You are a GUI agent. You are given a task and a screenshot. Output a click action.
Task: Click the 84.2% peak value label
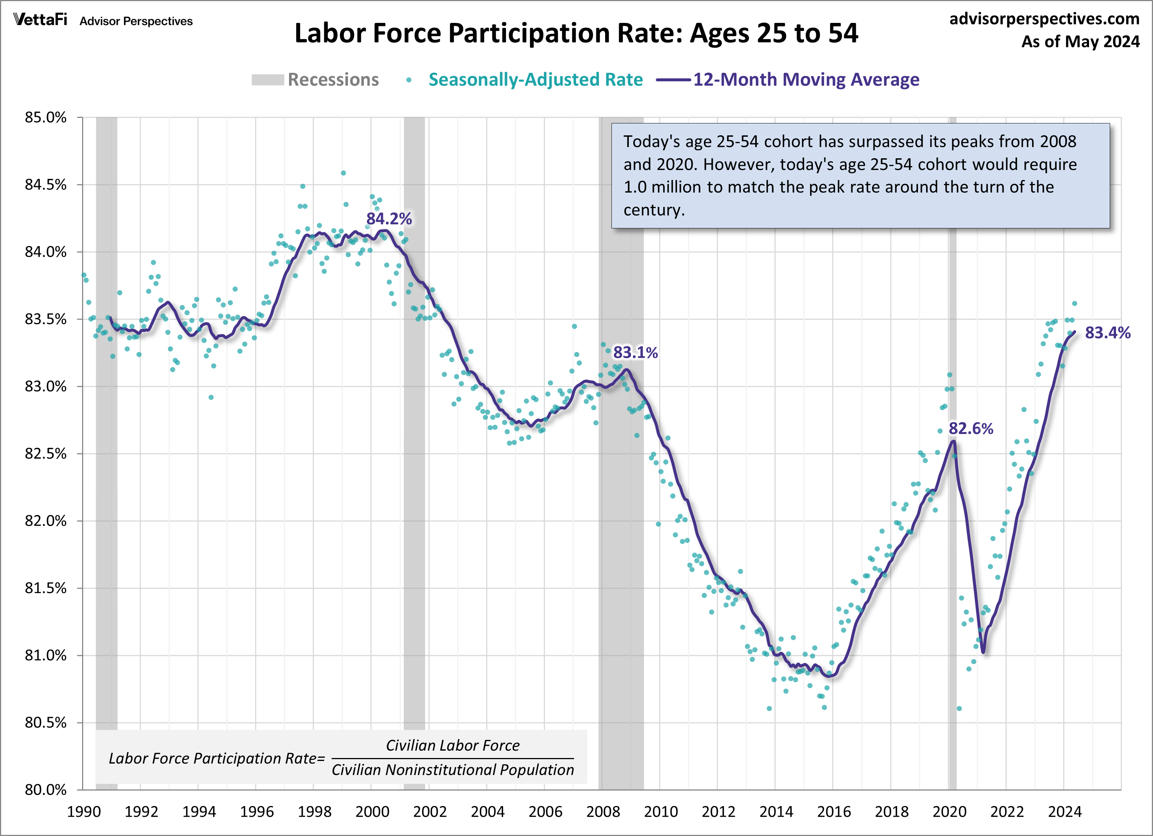tap(389, 219)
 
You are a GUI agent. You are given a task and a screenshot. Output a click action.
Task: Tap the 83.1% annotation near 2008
tap(635, 353)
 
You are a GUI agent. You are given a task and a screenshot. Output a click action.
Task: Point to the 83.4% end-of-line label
tap(1107, 333)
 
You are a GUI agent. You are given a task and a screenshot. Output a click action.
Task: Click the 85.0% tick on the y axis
tap(46, 118)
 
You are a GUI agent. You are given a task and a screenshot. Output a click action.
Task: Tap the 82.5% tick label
tap(46, 454)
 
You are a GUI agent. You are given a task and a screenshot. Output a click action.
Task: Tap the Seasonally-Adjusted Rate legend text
tap(535, 80)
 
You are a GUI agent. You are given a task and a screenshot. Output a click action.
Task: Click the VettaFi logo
tap(40, 20)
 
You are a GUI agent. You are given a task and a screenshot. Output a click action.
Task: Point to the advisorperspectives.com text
tap(1044, 19)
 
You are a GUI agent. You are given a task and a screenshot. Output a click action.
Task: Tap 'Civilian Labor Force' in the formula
tap(452, 745)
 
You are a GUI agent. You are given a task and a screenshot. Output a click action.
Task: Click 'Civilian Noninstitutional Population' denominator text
tap(452, 770)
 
